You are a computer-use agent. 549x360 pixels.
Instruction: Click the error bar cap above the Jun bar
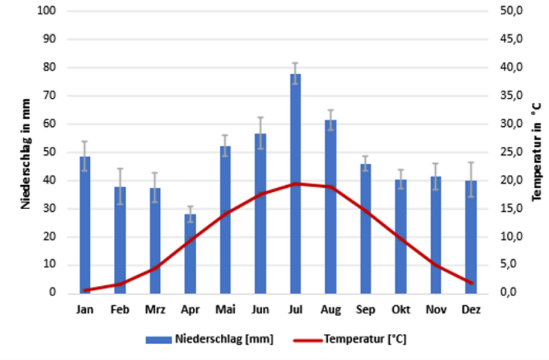tap(260, 117)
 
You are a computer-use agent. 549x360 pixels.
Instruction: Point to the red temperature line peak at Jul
tap(295, 183)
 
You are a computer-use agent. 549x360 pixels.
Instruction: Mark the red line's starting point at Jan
tap(84, 291)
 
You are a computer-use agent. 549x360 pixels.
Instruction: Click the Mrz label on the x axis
tap(155, 310)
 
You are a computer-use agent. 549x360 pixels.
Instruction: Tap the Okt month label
tap(401, 310)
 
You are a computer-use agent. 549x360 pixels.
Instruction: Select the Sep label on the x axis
tap(366, 310)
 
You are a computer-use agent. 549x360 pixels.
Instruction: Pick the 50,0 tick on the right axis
tap(514, 12)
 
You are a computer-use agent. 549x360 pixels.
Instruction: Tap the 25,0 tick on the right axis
tap(514, 152)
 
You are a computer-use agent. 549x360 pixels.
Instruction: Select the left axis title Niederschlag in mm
tap(26, 152)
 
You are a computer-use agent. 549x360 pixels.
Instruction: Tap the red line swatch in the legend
tap(307, 339)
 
